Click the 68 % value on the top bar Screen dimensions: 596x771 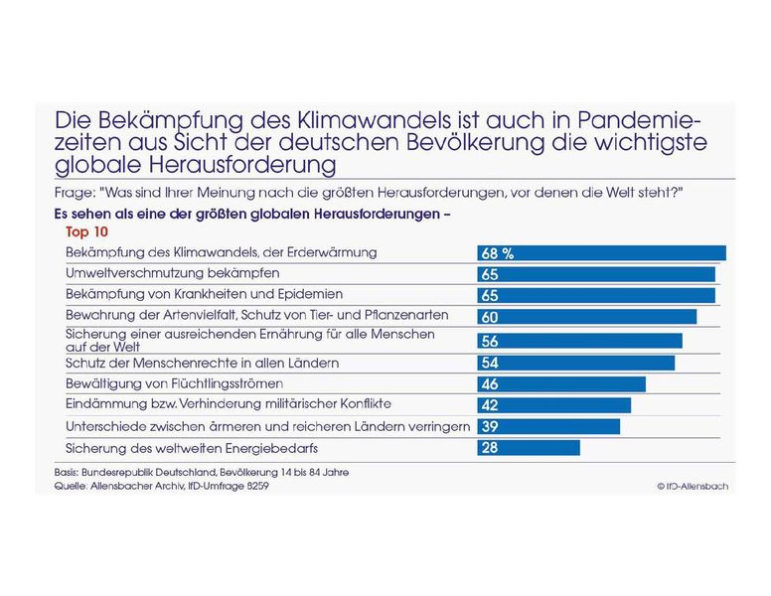[497, 253]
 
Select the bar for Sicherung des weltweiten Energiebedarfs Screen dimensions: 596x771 [528, 448]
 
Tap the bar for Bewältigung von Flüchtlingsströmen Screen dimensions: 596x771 [561, 383]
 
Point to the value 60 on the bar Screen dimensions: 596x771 [490, 316]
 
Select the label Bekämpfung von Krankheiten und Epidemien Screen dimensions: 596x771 [204, 294]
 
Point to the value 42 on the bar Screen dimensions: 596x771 [490, 405]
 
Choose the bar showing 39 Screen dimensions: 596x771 [548, 426]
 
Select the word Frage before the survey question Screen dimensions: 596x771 [74, 191]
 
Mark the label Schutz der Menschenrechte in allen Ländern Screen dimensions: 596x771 [201, 363]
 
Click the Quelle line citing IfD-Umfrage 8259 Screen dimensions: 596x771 [162, 487]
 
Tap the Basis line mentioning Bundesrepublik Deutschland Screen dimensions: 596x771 [201, 471]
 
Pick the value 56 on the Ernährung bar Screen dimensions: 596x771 [490, 341]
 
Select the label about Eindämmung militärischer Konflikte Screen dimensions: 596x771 [228, 404]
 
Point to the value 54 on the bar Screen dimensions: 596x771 [490, 363]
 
